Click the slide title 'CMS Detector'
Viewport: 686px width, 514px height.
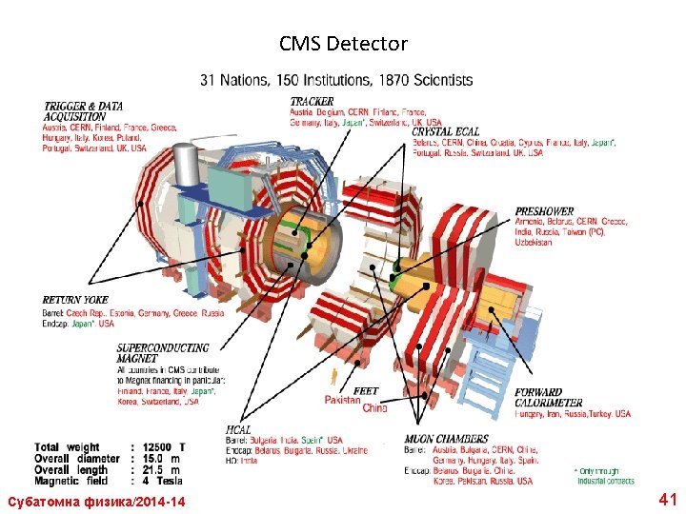(x=343, y=44)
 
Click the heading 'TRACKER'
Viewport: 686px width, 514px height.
(x=313, y=101)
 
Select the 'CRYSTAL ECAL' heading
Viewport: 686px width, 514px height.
(x=446, y=131)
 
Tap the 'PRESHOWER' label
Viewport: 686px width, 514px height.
(x=544, y=211)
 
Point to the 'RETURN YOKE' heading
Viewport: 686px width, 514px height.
(x=75, y=301)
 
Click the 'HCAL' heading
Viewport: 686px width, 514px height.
(x=239, y=430)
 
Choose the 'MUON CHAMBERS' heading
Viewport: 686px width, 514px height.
(x=446, y=439)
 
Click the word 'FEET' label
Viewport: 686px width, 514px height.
(x=366, y=391)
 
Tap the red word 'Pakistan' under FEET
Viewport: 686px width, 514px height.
(x=343, y=401)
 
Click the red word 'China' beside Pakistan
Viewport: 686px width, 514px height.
(x=375, y=407)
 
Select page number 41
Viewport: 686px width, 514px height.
(x=667, y=499)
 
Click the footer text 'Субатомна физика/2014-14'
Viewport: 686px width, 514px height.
(x=96, y=502)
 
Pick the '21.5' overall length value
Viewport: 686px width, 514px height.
(x=153, y=469)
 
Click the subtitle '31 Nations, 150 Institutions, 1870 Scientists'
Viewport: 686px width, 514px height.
(x=336, y=80)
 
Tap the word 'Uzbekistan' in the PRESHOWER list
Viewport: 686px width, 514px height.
(x=534, y=243)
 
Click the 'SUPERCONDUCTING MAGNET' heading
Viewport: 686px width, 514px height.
(x=162, y=353)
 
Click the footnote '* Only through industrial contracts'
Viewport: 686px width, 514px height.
(x=603, y=476)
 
